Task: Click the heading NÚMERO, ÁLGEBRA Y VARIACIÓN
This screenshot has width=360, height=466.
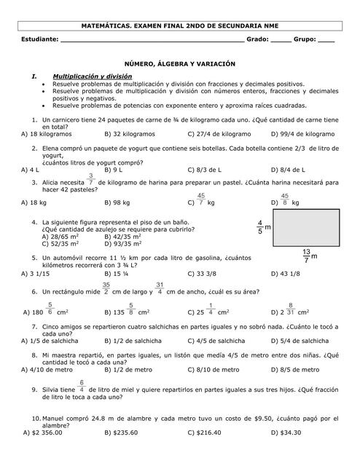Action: [179, 64]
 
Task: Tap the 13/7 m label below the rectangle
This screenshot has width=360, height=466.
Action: [309, 257]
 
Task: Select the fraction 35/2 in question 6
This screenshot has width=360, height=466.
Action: [106, 289]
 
